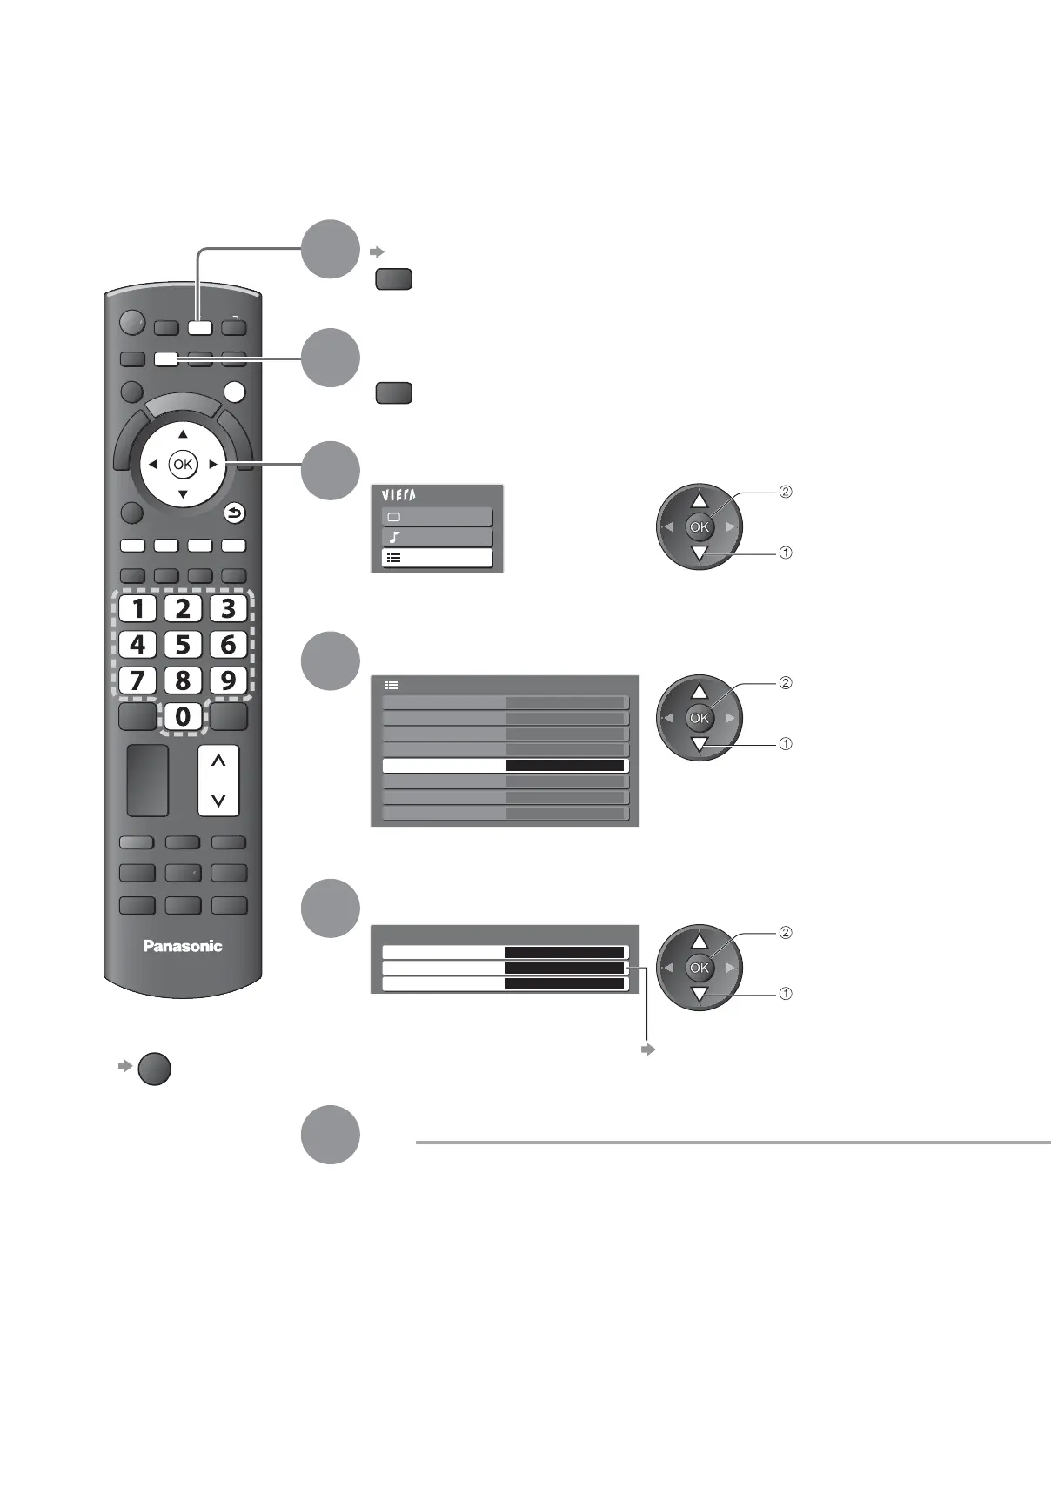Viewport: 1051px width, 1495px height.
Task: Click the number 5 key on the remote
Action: click(183, 645)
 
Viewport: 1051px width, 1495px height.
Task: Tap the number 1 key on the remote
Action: click(137, 608)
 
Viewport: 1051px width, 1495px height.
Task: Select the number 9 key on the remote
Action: click(228, 680)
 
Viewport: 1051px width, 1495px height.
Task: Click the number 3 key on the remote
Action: click(228, 608)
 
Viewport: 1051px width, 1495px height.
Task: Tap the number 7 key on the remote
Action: click(137, 680)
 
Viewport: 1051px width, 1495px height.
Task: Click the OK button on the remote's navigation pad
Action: click(183, 465)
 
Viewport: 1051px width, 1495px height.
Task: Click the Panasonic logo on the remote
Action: click(183, 946)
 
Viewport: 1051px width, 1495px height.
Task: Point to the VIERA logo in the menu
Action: click(398, 495)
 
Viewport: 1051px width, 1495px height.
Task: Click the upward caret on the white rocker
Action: click(218, 761)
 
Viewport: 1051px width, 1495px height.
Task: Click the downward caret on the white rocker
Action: click(218, 800)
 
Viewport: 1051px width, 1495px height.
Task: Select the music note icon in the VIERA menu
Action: click(394, 538)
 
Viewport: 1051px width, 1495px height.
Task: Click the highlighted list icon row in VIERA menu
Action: click(437, 559)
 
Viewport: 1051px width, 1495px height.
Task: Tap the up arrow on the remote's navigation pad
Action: click(183, 434)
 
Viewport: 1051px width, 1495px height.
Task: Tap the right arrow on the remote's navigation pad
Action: click(213, 465)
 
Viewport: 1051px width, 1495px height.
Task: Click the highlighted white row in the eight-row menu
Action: click(505, 766)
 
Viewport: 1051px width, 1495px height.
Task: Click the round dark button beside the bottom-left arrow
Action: click(154, 1069)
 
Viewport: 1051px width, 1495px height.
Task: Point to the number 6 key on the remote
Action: click(228, 645)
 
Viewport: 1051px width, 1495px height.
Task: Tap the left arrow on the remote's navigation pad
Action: click(152, 465)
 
